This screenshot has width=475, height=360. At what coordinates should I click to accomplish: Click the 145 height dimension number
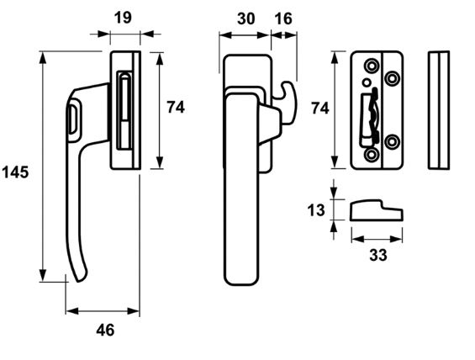(16, 172)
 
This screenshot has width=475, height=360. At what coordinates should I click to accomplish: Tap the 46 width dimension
(105, 330)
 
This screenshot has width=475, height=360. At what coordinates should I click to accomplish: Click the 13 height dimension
(315, 210)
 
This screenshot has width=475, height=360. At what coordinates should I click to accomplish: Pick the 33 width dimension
(378, 255)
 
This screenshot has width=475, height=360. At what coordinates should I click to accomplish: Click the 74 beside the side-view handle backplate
(176, 107)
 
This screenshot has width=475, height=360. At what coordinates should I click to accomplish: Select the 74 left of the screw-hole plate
(320, 108)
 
